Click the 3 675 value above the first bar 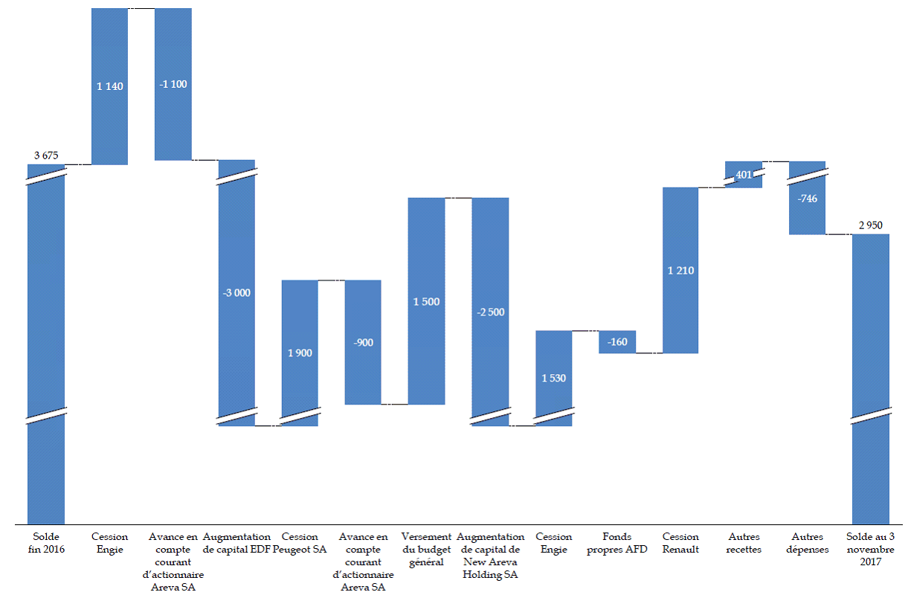tap(46, 155)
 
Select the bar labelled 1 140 tap(109, 112)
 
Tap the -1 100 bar tap(173, 112)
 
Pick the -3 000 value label tap(236, 292)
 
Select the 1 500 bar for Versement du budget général tap(426, 327)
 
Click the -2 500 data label tap(490, 312)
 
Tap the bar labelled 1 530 tap(553, 357)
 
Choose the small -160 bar tap(617, 342)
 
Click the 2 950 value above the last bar tap(871, 225)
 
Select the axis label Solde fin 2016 tap(46, 542)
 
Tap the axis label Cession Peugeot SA tap(300, 542)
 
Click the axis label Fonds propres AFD tap(617, 542)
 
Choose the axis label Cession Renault tap(680, 542)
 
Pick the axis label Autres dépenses tap(807, 542)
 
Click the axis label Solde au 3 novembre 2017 tap(871, 549)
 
